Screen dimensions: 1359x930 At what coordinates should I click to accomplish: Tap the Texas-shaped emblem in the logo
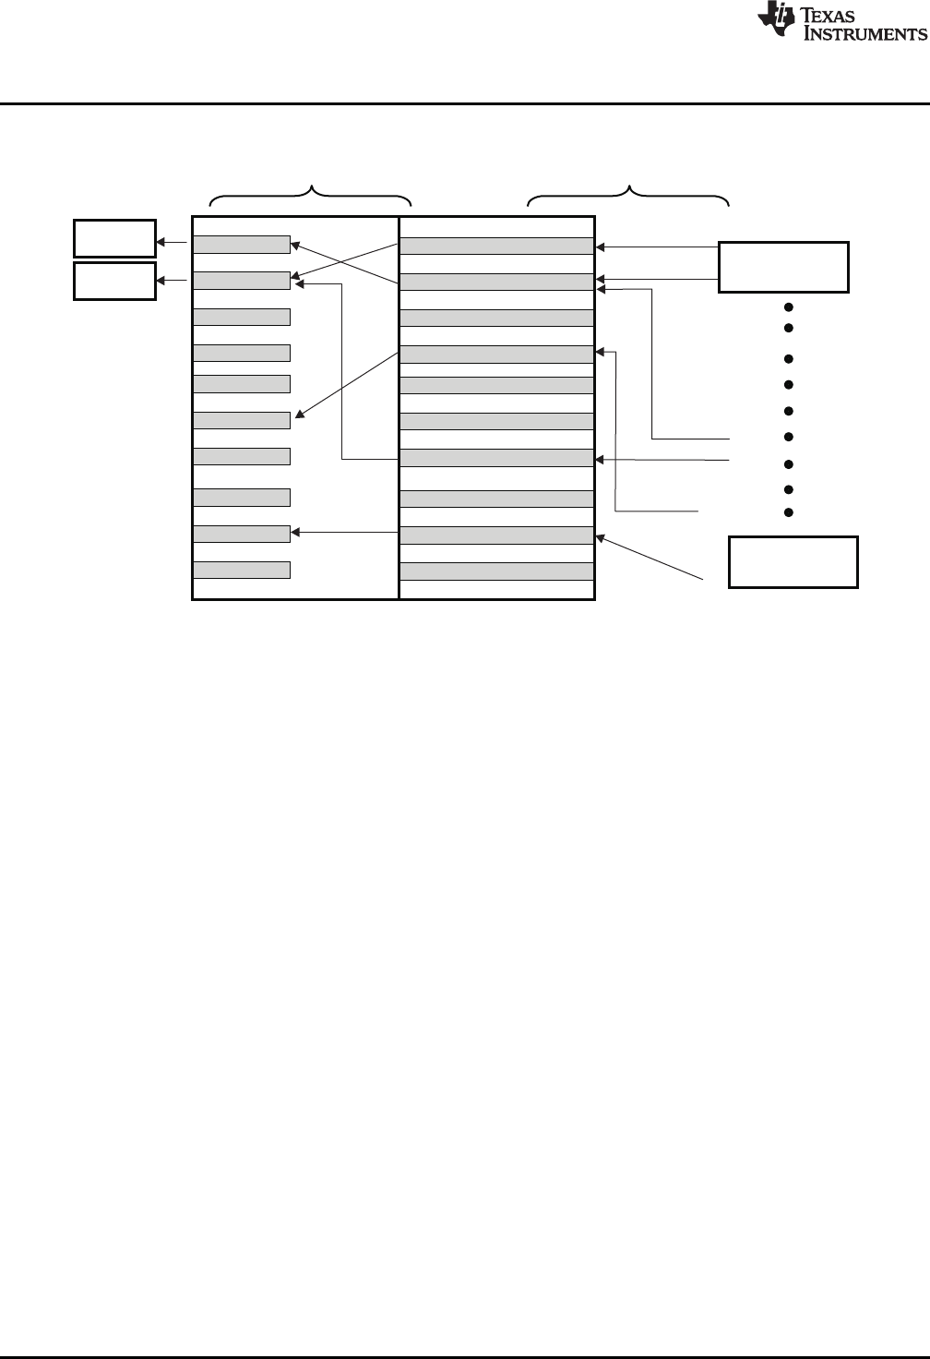click(774, 21)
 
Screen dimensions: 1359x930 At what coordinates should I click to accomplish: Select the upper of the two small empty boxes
click(114, 238)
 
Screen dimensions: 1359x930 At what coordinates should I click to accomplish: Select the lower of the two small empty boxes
click(114, 281)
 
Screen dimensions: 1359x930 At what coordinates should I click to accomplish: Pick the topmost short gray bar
click(242, 244)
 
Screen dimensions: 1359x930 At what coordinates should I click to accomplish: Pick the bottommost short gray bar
click(242, 570)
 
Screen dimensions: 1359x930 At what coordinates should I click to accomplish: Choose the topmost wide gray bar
click(496, 246)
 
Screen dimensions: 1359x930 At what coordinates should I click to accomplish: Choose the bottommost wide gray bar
click(496, 571)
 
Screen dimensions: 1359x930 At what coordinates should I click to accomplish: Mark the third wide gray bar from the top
click(496, 319)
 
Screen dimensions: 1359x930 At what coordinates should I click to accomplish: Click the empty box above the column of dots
click(783, 267)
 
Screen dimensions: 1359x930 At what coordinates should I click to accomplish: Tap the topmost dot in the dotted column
click(789, 307)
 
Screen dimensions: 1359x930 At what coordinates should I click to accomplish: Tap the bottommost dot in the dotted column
click(789, 512)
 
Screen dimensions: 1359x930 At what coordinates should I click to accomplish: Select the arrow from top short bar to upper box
click(174, 244)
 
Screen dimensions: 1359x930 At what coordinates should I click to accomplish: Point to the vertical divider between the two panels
click(399, 406)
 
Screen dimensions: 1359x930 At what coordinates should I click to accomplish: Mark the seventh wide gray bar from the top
click(496, 458)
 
